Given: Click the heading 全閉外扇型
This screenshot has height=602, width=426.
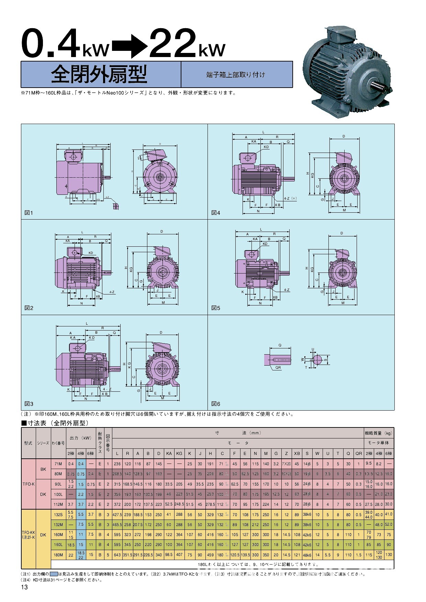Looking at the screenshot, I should click(x=100, y=74).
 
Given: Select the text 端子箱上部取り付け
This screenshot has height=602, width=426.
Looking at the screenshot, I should click(x=236, y=75).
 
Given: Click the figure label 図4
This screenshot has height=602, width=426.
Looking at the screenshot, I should click(x=215, y=213).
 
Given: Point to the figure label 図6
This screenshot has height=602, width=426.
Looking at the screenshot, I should click(x=215, y=404).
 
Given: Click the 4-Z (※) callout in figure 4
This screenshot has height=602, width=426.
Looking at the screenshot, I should click(x=290, y=199).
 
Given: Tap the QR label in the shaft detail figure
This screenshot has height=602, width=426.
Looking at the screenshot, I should click(x=278, y=368).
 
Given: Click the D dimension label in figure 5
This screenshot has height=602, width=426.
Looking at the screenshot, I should click(x=341, y=233).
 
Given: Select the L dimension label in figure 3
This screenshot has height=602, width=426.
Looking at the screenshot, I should click(x=87, y=324).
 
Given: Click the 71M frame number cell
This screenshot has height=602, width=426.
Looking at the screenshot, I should click(x=58, y=464).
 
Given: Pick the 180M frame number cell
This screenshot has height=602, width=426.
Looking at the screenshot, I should click(x=58, y=555).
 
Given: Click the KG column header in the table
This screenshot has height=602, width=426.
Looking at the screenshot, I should click(x=179, y=454).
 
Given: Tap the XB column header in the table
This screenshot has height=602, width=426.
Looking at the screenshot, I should click(x=297, y=454).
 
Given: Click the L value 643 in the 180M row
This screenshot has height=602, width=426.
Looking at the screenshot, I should click(x=117, y=555).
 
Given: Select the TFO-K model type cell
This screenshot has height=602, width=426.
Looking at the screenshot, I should click(x=29, y=484).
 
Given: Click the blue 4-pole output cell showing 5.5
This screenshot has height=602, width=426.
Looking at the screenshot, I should click(x=81, y=514).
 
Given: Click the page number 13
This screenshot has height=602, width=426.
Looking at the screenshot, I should click(x=24, y=588).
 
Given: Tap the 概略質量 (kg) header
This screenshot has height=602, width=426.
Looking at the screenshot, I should click(x=379, y=433).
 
